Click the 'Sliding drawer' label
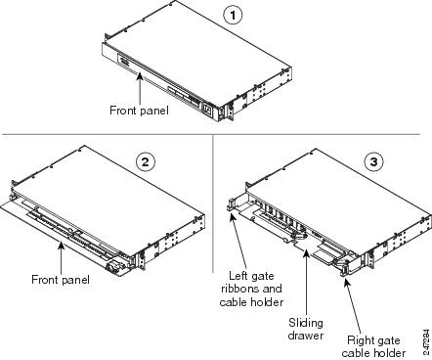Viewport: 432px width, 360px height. [x=305, y=328]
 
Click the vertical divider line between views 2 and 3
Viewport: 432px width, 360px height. [x=214, y=205]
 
